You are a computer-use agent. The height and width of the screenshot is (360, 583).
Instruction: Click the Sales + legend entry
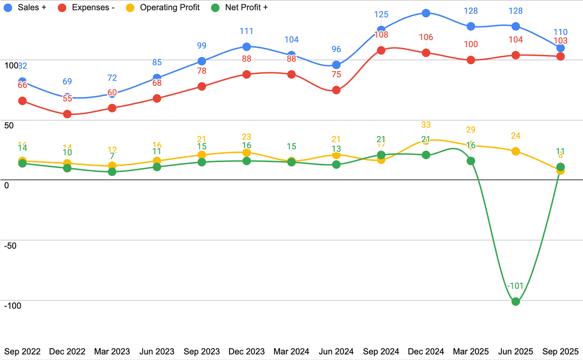(x=32, y=7)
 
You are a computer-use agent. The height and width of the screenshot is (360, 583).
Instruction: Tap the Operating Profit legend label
(x=169, y=7)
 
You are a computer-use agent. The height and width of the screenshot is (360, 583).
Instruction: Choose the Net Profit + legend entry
(x=246, y=7)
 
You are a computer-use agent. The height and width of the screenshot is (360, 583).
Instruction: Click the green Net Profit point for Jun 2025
(x=516, y=301)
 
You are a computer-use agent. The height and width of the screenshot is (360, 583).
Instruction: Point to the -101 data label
(x=516, y=286)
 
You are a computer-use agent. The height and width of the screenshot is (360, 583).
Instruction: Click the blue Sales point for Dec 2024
(x=426, y=13)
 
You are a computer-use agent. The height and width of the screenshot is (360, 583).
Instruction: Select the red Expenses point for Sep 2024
(x=381, y=50)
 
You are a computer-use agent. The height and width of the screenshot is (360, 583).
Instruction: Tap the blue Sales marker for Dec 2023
(x=247, y=46)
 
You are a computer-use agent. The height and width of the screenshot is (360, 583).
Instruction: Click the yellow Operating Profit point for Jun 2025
(x=516, y=151)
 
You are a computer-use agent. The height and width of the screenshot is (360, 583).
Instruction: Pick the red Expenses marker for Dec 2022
(x=67, y=114)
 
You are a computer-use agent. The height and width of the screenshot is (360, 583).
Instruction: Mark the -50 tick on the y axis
(x=10, y=245)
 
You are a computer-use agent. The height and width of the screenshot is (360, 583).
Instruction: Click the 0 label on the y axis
(x=6, y=185)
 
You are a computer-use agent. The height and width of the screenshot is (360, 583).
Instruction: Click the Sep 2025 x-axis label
(x=561, y=351)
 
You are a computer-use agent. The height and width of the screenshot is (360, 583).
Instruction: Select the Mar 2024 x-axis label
(x=291, y=351)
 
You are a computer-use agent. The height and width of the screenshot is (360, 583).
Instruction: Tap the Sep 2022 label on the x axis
(x=22, y=351)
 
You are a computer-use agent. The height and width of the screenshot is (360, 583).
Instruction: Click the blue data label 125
(x=381, y=15)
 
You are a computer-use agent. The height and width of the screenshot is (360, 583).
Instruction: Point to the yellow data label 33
(x=426, y=125)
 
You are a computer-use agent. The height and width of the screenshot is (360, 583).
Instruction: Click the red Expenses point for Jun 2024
(x=336, y=90)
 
